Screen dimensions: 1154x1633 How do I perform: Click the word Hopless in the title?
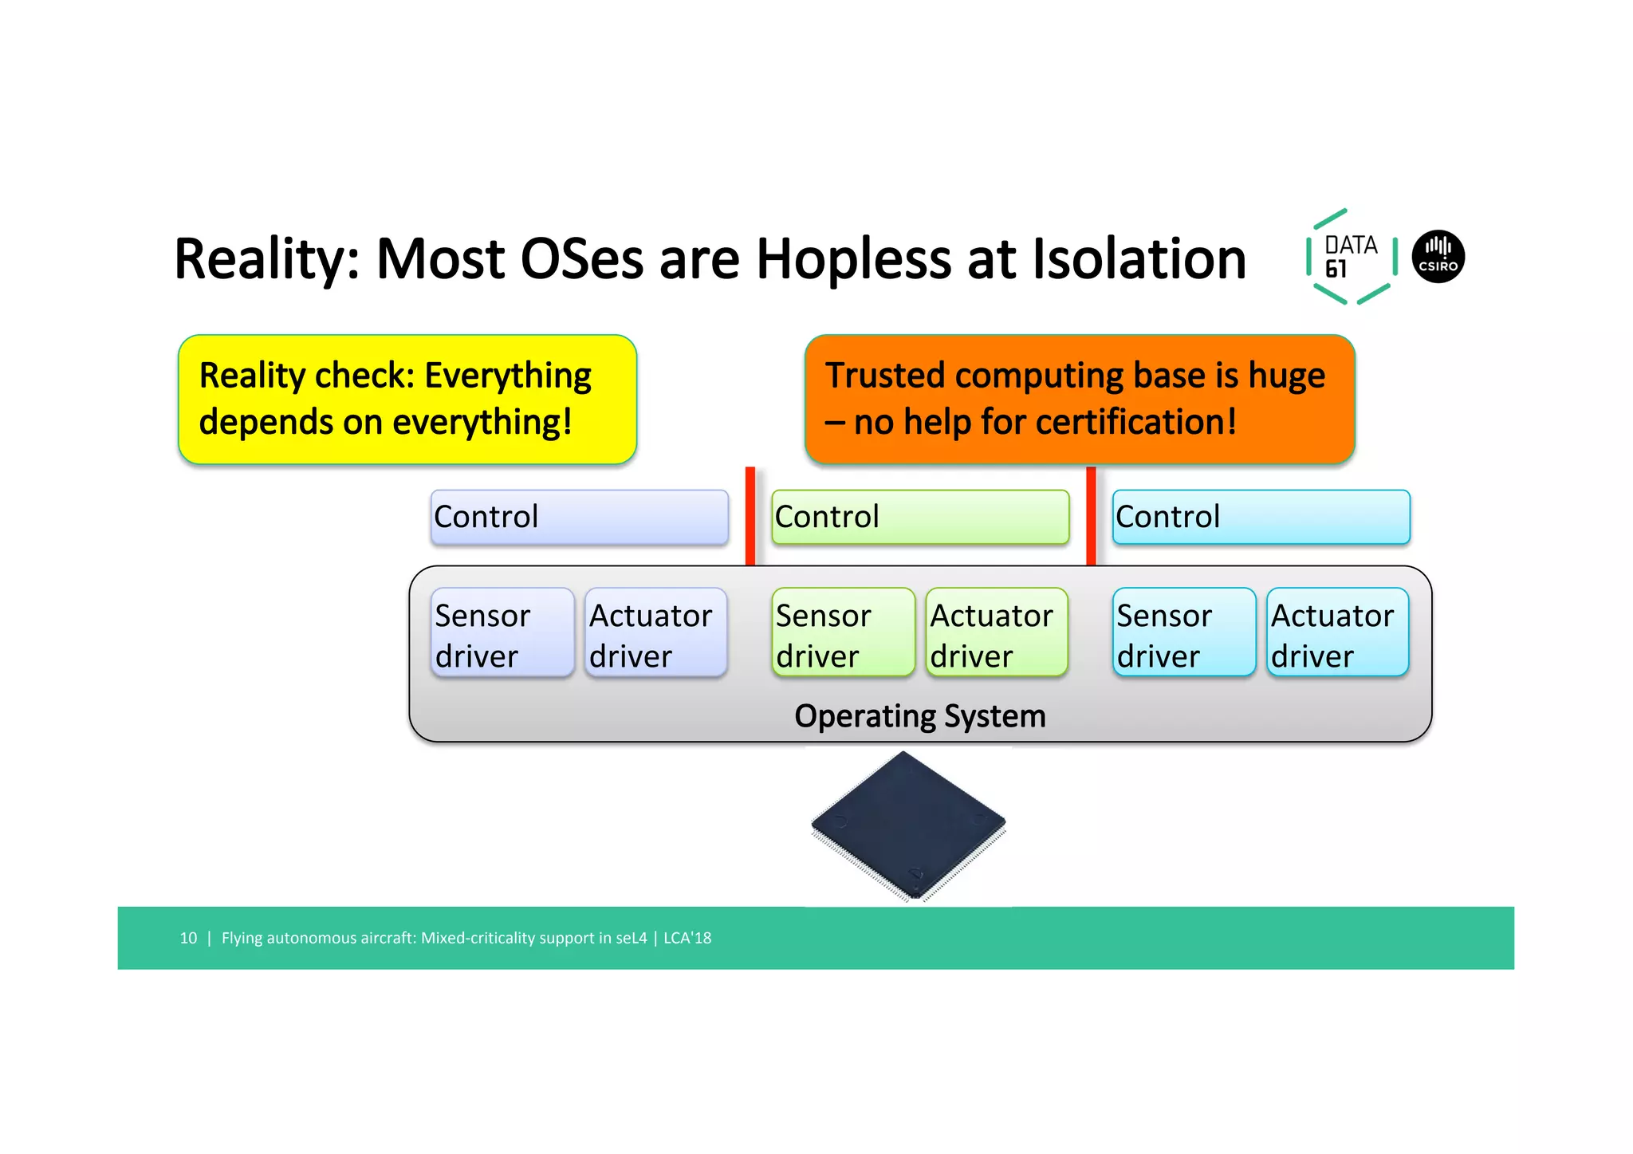pos(853,259)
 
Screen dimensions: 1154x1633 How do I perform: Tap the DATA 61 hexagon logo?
pos(1351,257)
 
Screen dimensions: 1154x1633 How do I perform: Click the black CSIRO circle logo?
pos(1438,257)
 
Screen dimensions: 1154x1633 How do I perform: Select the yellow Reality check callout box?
pos(407,399)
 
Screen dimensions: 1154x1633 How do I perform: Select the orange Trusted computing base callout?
pos(1079,399)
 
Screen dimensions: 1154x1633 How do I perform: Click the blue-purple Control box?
pos(579,517)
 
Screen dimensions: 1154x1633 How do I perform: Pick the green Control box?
pos(920,517)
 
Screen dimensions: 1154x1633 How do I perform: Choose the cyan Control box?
pos(1261,517)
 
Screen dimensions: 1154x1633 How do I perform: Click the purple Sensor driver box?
pos(502,633)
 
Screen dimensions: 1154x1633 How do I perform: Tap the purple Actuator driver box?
pos(655,633)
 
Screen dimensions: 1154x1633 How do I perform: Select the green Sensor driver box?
pos(843,633)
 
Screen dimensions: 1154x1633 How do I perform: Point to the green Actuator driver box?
pos(997,633)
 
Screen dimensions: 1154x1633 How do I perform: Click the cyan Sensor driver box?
pos(1183,633)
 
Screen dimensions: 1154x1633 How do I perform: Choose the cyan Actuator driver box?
pos(1337,633)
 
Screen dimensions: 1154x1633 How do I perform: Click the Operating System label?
pos(919,716)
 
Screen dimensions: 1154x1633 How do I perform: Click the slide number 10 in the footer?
pos(188,939)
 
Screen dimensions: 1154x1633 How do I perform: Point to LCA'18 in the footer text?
pos(687,939)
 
